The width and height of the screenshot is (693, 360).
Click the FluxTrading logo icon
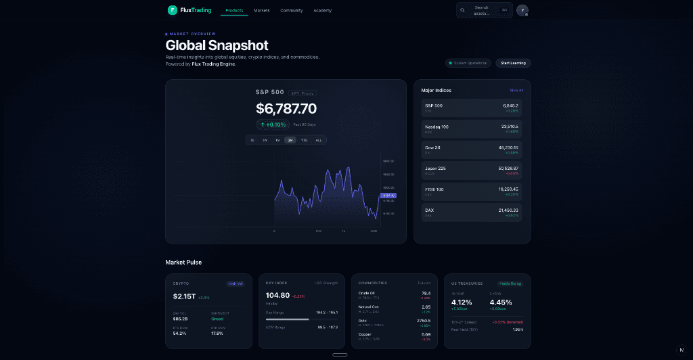click(x=173, y=10)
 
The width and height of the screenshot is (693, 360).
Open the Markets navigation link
click(x=261, y=11)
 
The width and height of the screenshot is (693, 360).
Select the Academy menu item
click(x=322, y=11)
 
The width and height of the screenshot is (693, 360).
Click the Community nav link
click(x=292, y=11)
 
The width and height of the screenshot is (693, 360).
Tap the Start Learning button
click(x=513, y=63)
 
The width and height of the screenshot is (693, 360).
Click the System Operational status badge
click(x=468, y=63)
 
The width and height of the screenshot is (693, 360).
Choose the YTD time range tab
click(x=305, y=140)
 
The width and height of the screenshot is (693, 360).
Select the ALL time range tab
click(x=319, y=140)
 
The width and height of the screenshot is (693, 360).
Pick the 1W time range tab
click(x=265, y=140)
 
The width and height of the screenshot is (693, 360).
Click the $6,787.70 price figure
click(x=286, y=108)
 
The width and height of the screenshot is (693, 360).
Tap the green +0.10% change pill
click(x=273, y=125)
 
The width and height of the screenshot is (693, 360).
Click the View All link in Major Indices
click(x=516, y=90)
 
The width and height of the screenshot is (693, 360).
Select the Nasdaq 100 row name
click(x=437, y=127)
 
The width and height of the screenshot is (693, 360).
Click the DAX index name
click(x=429, y=210)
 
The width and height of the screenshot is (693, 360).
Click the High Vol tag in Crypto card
click(x=235, y=284)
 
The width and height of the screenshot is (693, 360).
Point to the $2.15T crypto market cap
click(x=184, y=296)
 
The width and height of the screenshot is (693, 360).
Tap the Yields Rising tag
click(x=510, y=284)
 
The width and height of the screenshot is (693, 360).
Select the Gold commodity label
click(x=363, y=320)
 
